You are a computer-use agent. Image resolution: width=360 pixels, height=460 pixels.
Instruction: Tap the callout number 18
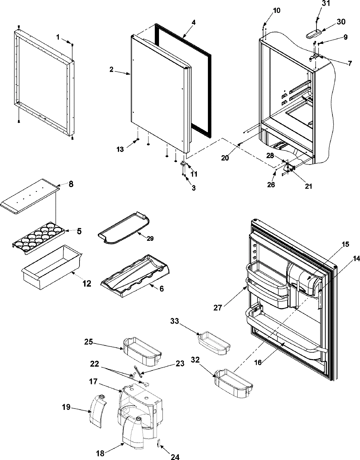100,453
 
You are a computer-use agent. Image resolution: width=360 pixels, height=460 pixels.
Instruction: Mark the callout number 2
111,69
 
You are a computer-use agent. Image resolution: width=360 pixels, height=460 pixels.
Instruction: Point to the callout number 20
225,157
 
